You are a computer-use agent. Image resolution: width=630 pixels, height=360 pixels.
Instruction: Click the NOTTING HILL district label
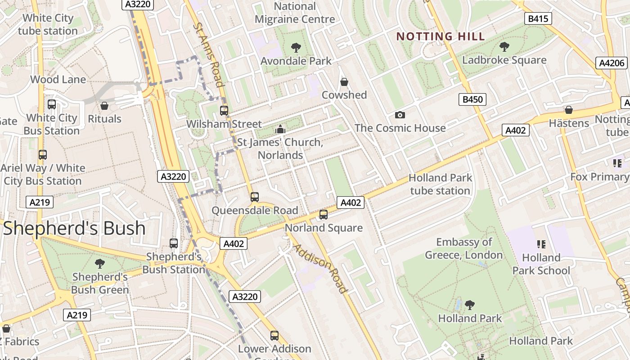coord(441,36)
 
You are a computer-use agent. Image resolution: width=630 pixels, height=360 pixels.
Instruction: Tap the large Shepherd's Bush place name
coord(74,229)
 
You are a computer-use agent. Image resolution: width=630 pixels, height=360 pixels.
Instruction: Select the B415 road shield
coord(538,18)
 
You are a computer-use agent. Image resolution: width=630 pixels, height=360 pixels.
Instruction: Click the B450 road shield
coord(472,99)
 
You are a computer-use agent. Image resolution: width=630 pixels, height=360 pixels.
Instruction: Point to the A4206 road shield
coord(612,63)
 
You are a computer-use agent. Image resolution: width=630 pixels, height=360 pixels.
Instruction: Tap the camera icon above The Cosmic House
coord(400,115)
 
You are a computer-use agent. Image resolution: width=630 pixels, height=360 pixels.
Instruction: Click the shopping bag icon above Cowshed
coord(344,82)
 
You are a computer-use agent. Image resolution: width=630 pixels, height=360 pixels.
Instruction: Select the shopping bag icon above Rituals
coord(104,106)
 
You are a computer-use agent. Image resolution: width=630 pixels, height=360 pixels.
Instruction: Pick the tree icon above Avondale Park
coord(296,48)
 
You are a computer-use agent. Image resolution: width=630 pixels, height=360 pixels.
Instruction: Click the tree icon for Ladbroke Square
coord(504,46)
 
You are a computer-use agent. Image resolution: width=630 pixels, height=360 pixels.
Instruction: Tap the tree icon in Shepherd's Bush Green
coord(100,264)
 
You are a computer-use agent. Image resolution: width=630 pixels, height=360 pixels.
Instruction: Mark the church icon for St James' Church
coord(280,130)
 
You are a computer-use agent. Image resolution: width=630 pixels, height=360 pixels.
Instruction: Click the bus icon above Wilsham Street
coord(224,111)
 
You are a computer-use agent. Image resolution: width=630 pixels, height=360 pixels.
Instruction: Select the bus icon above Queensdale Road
coord(255,197)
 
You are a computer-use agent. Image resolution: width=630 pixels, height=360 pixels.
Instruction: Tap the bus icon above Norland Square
coord(324,215)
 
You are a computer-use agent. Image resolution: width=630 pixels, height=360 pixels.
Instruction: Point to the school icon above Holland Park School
coord(541,244)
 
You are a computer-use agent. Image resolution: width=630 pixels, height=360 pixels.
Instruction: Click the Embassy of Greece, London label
coord(464,248)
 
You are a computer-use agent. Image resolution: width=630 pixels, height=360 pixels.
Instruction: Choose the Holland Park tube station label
coord(440,184)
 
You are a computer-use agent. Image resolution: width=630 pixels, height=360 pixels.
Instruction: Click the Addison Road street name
coord(321,269)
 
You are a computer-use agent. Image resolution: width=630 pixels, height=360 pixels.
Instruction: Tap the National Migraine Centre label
coord(295,13)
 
